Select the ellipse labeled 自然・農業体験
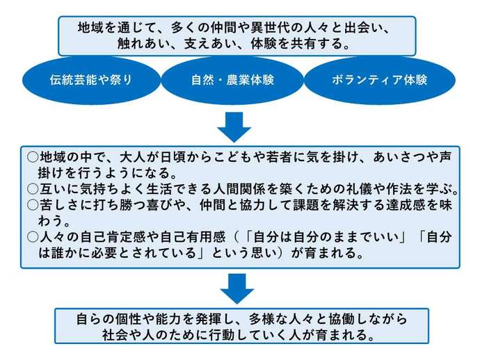click(x=232, y=79)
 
